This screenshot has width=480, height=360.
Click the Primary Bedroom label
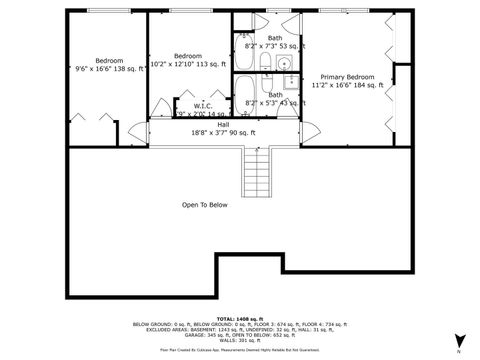(347, 77)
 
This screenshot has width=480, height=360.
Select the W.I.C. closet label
(202, 105)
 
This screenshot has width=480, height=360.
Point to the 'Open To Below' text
(204, 205)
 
